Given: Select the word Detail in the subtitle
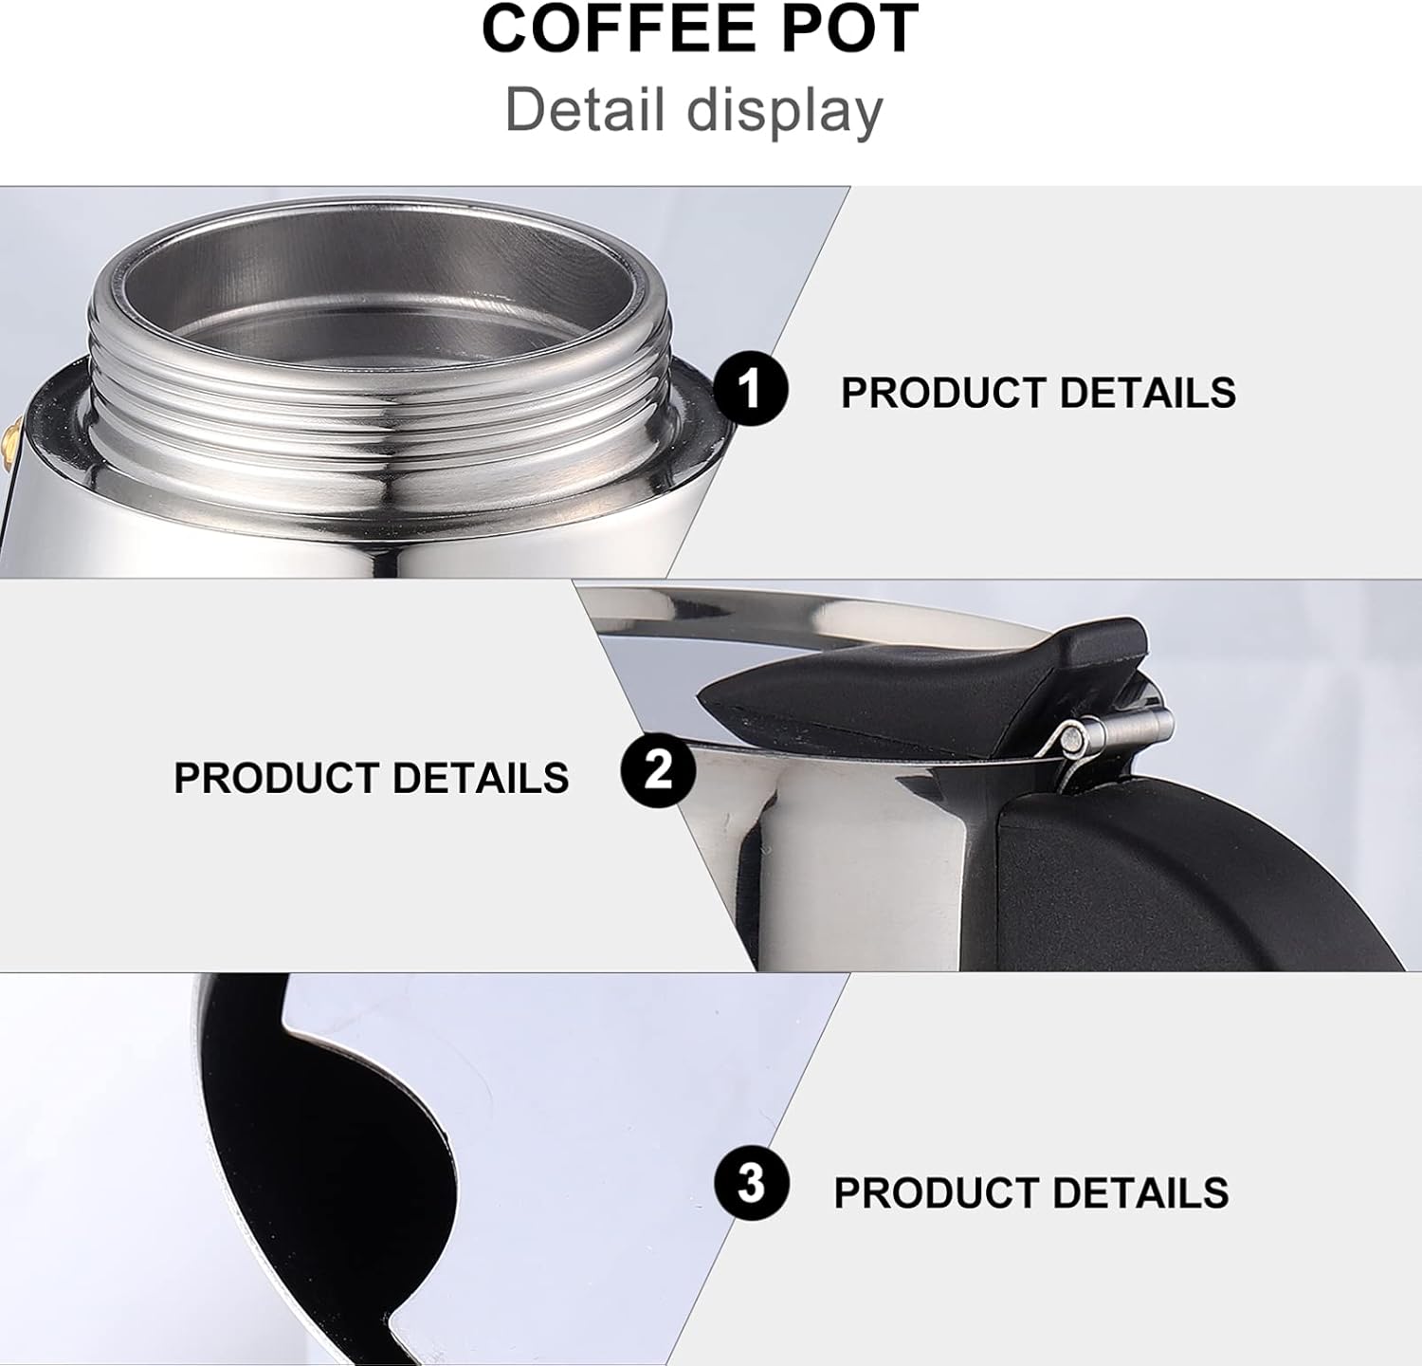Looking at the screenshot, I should (x=584, y=109).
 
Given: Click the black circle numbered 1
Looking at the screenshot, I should (x=750, y=389).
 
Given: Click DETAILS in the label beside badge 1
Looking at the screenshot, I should (x=1147, y=393).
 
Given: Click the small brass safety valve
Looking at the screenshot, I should (x=9, y=441).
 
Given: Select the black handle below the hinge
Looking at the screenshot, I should (x=1185, y=873).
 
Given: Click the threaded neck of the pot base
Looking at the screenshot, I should (x=379, y=398).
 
